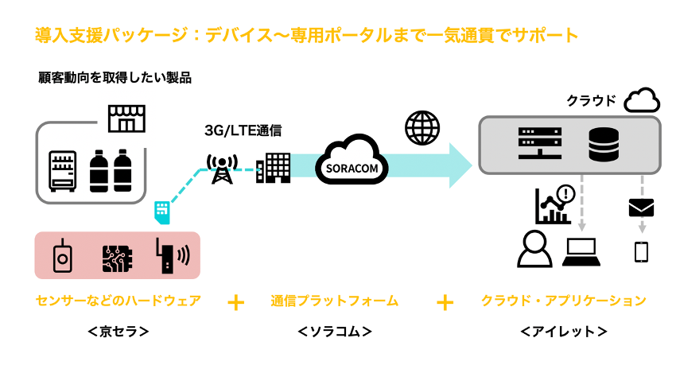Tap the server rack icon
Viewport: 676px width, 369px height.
pyautogui.click(x=534, y=143)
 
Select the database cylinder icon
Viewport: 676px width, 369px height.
pyautogui.click(x=604, y=144)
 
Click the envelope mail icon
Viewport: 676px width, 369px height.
pyautogui.click(x=640, y=208)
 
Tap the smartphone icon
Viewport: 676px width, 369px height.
pyautogui.click(x=641, y=251)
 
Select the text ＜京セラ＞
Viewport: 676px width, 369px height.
pyautogui.click(x=117, y=330)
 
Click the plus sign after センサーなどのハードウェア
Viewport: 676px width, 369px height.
pyautogui.click(x=235, y=302)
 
